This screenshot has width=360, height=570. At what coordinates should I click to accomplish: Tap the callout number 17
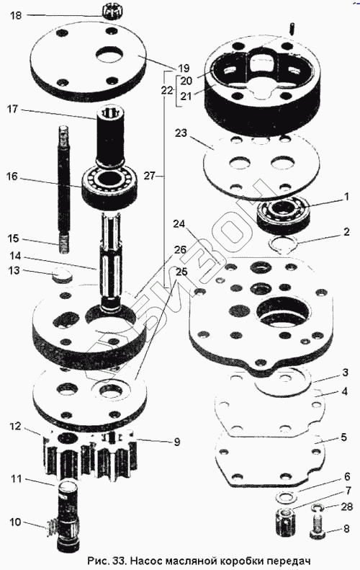(x=13, y=109)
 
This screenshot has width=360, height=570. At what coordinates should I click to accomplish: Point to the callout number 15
(x=14, y=239)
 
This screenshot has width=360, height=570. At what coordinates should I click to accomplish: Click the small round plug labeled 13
(x=62, y=274)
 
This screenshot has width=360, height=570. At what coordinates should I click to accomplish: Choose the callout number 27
(x=150, y=176)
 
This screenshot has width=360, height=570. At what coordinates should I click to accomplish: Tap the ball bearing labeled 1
(x=283, y=215)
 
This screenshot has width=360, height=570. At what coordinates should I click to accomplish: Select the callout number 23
(x=181, y=133)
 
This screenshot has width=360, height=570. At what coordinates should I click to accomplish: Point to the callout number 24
(x=179, y=224)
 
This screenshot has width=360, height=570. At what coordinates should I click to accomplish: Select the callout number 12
(x=16, y=426)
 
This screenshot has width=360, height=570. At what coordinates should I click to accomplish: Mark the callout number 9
(x=177, y=442)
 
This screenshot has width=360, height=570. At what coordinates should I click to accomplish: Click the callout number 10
(x=16, y=522)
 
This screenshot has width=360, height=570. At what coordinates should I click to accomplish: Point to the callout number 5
(x=344, y=437)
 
